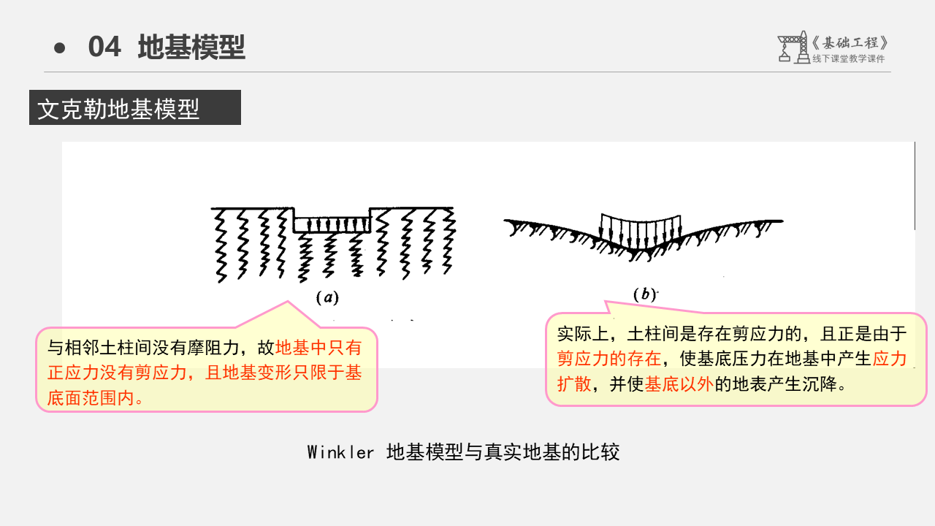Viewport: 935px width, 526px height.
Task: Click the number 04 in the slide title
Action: [104, 47]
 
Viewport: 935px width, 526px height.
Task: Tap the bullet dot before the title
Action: [60, 48]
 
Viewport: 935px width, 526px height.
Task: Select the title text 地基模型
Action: [191, 47]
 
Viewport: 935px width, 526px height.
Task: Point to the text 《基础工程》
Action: [851, 43]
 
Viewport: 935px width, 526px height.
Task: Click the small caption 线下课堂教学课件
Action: [848, 59]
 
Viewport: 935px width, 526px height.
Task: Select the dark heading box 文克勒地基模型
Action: [135, 108]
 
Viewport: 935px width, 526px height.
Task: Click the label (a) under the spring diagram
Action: [327, 297]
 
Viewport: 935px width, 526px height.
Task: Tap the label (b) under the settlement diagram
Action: [645, 294]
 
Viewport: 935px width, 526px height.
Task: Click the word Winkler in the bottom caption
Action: [340, 452]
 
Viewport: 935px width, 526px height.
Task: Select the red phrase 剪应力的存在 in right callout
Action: [608, 359]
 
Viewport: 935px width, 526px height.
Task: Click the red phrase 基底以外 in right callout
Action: [679, 384]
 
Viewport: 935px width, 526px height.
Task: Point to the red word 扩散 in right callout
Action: [573, 384]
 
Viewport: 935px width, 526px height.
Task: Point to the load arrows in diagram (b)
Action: [639, 230]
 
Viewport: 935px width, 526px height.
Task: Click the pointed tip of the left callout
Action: [288, 302]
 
